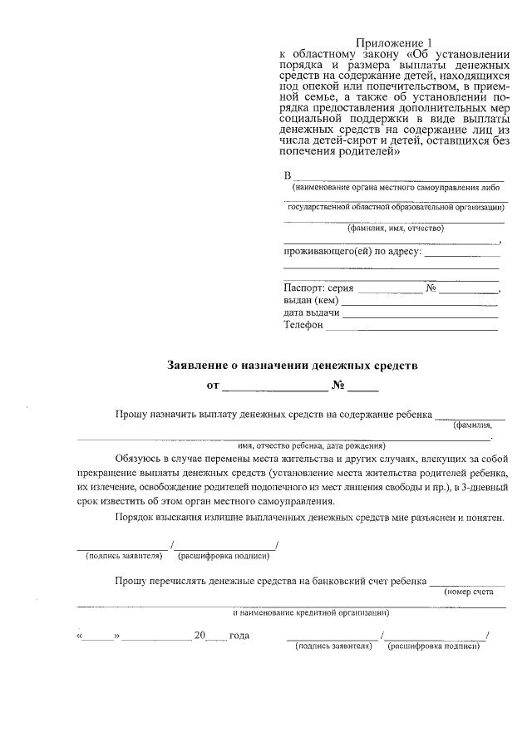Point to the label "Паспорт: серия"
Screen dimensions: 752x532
click(x=318, y=288)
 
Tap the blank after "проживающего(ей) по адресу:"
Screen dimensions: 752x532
click(x=462, y=253)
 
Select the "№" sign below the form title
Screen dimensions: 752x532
click(x=338, y=386)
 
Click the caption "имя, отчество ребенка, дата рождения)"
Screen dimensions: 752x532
click(x=288, y=445)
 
